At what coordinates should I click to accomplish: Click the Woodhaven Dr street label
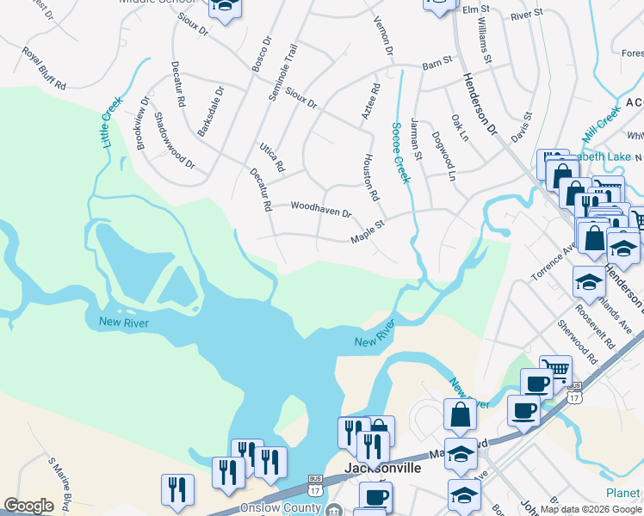tap(321, 208)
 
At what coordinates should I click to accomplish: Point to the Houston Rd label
tap(370, 177)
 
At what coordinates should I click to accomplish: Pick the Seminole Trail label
tap(281, 73)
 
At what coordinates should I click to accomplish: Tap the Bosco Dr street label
tap(260, 52)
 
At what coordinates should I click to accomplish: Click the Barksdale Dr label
tap(211, 110)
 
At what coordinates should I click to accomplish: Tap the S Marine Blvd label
tap(62, 482)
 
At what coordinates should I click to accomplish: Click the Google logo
tap(28, 506)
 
